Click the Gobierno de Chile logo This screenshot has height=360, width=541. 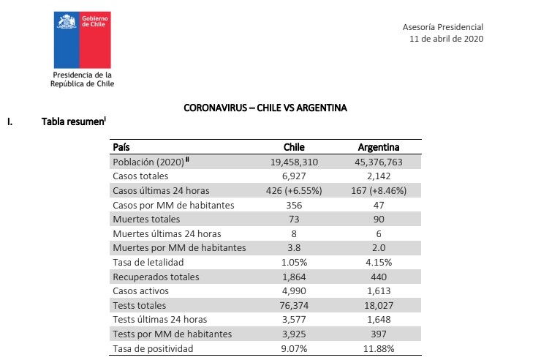tap(82, 41)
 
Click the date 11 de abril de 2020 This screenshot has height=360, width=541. tap(446, 40)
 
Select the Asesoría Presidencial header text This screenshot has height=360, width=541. tap(442, 26)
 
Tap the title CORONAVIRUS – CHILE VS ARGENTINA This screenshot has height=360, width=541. tap(265, 108)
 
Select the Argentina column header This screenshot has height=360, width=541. tap(378, 147)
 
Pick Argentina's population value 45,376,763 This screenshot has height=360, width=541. tap(378, 162)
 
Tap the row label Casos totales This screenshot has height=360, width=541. tap(140, 176)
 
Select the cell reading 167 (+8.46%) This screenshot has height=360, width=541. tap(378, 190)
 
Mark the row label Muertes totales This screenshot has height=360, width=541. tap(146, 219)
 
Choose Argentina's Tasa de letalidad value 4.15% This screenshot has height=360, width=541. tap(378, 262)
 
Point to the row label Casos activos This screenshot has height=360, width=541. tap(140, 291)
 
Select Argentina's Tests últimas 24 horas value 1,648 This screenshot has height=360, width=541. tap(378, 320)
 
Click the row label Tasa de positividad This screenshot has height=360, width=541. tap(153, 348)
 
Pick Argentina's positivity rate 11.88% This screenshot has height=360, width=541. tap(378, 348)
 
